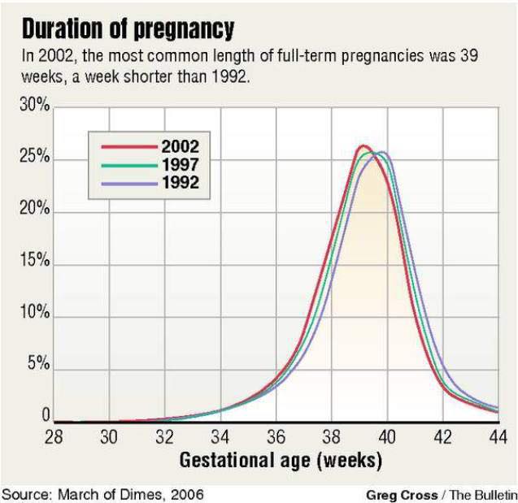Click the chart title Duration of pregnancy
(128, 30)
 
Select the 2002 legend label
(180, 148)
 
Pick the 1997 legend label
(180, 165)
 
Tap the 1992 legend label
(180, 182)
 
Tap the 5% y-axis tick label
(38, 365)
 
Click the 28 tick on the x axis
(54, 436)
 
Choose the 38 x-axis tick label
(331, 436)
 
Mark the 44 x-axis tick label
(498, 436)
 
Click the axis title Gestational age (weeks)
(280, 461)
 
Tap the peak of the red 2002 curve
(363, 146)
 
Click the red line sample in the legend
(127, 148)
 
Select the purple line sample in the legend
(127, 183)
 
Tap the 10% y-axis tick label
(35, 314)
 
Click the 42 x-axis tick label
(442, 436)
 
